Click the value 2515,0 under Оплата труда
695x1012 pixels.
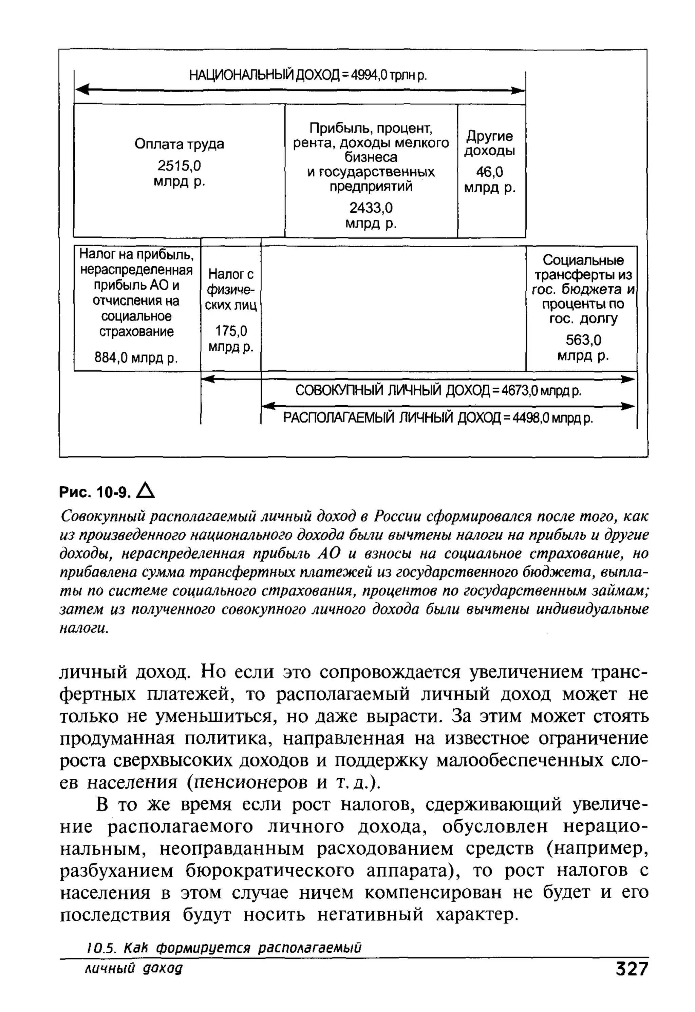point(179,166)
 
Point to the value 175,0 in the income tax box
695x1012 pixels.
point(231,332)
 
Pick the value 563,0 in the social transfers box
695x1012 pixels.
point(583,340)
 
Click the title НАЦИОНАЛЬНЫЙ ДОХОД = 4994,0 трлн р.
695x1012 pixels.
point(308,75)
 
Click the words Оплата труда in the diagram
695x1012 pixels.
point(179,144)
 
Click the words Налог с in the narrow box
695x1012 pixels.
point(231,274)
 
